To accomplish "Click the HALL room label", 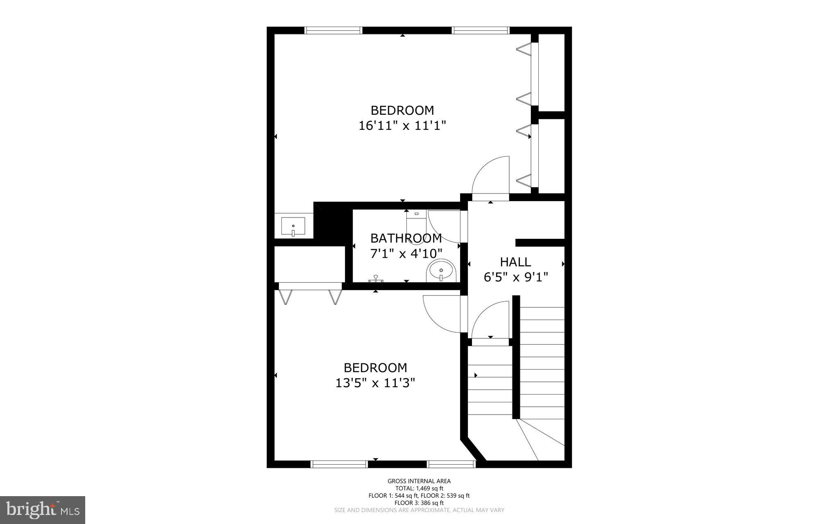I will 515,262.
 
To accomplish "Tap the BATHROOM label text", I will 406,238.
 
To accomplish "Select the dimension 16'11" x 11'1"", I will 402,125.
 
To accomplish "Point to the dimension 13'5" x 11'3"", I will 375,383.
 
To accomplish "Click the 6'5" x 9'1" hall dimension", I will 516,278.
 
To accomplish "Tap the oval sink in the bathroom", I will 441,271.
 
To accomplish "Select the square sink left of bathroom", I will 293,227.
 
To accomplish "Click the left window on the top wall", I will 333,30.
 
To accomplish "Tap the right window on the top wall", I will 481,30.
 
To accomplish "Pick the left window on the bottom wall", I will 339,464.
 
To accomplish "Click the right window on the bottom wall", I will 451,464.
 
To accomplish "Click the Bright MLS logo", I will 43,510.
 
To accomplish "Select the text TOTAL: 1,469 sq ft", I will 419,488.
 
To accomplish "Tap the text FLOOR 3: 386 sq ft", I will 419,503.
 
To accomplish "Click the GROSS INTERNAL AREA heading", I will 419,481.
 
